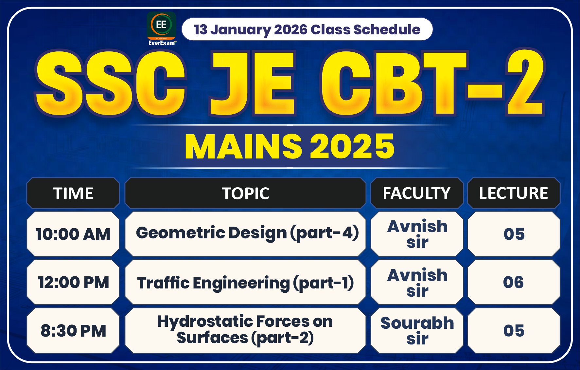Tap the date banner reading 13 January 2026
tap(307, 29)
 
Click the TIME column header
tap(73, 193)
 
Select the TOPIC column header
tap(245, 193)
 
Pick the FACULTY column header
tap(417, 193)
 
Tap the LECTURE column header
tap(514, 193)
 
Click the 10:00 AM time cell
tap(73, 234)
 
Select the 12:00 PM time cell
tap(73, 282)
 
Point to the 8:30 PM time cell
tap(73, 331)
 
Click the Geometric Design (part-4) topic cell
tap(245, 233)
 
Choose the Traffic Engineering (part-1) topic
tap(245, 282)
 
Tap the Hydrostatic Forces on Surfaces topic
tap(245, 330)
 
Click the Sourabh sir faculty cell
tap(417, 330)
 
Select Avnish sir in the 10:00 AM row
tap(417, 234)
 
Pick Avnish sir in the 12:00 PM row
tap(417, 282)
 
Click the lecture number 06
tap(514, 282)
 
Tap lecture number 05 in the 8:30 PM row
tap(514, 331)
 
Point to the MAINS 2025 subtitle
tap(290, 146)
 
